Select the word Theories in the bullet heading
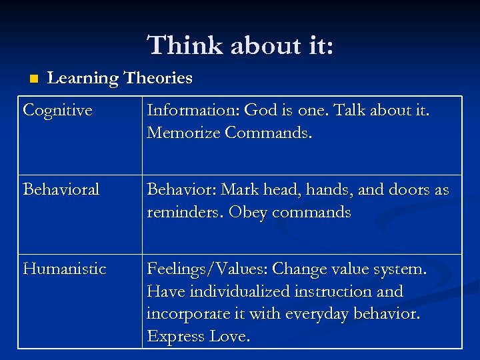158,78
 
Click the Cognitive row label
57,110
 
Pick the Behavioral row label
61,189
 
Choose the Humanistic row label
65,269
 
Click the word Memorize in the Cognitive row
183,133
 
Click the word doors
409,189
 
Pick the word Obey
248,212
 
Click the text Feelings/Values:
201,269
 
